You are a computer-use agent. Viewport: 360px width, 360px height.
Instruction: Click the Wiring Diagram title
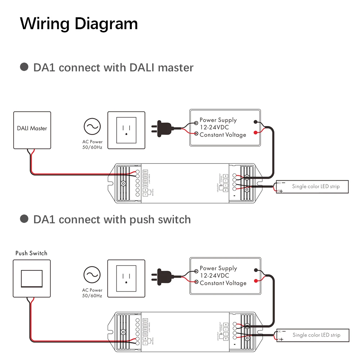click(79, 24)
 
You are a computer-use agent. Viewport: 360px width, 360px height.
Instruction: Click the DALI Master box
click(32, 130)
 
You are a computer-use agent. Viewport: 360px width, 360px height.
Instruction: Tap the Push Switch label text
click(31, 253)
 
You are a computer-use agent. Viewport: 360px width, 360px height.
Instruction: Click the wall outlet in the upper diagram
click(126, 130)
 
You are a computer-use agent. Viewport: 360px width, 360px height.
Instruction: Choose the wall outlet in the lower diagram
click(126, 279)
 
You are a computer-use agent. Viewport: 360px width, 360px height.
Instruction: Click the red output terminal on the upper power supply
click(255, 132)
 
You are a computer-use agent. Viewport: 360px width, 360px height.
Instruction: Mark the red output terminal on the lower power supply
click(255, 281)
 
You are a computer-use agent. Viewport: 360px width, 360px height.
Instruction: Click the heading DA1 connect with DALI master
click(113, 67)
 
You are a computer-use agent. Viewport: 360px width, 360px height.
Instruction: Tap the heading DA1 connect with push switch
click(112, 219)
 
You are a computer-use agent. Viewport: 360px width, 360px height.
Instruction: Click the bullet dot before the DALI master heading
click(24, 67)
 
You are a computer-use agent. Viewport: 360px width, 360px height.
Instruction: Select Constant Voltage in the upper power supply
click(223, 135)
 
